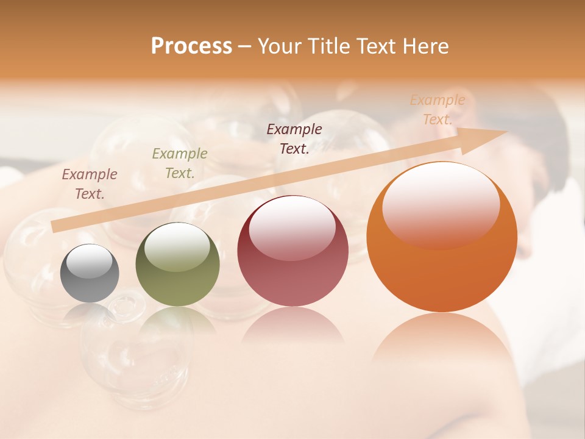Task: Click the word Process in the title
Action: tap(191, 46)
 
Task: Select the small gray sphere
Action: tap(90, 273)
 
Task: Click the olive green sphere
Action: tap(177, 265)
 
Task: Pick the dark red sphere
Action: tap(292, 251)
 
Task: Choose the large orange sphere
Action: tap(442, 237)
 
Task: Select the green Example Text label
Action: tap(180, 163)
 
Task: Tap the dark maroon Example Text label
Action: tap(294, 138)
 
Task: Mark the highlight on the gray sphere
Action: tap(90, 261)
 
